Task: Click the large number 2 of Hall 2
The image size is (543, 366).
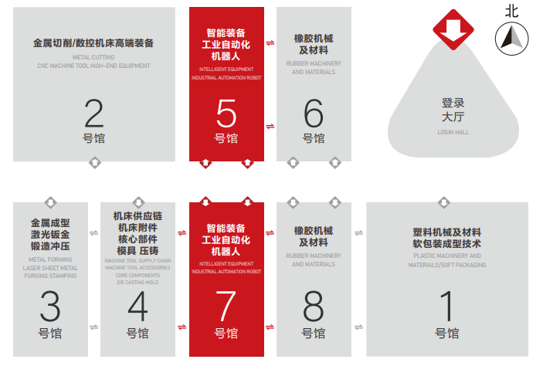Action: click(x=94, y=113)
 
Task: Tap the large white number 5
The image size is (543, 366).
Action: click(x=226, y=114)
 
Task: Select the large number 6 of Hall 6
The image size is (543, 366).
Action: click(x=314, y=113)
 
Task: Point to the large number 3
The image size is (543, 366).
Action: click(x=50, y=306)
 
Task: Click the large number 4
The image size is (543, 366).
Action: click(x=137, y=306)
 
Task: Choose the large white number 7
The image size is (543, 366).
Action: click(x=226, y=306)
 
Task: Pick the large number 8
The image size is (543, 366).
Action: click(x=314, y=306)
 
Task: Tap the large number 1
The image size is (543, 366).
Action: click(x=447, y=306)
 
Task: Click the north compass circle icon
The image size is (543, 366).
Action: click(x=512, y=39)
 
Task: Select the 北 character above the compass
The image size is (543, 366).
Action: click(x=512, y=12)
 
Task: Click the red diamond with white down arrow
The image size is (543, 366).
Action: click(x=453, y=29)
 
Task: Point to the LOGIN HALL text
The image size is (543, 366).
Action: click(x=453, y=132)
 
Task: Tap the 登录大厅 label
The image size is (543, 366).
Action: click(x=453, y=110)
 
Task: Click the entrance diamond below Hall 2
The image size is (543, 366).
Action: click(x=94, y=162)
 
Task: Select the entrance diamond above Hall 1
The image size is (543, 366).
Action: click(x=444, y=202)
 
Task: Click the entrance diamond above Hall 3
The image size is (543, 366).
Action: click(x=50, y=202)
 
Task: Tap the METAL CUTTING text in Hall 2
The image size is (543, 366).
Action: click(x=93, y=57)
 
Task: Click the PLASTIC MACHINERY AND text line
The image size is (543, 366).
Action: click(x=447, y=256)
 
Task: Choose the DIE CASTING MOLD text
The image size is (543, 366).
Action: click(x=137, y=282)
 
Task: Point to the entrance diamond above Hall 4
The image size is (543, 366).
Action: click(x=138, y=202)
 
